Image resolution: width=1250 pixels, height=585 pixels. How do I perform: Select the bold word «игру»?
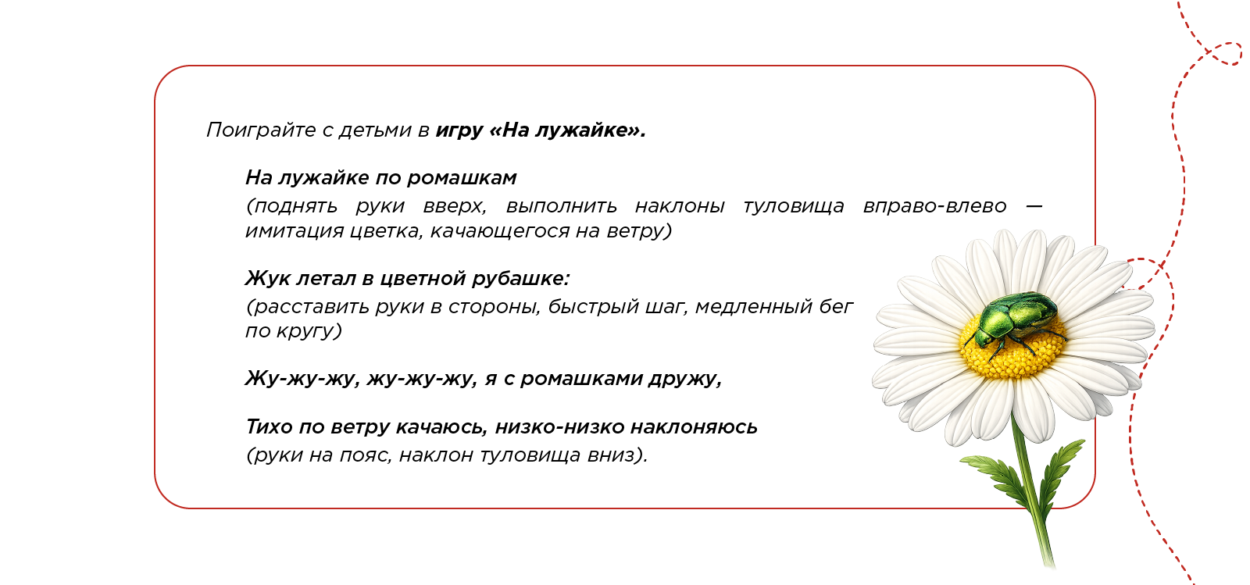[459, 130]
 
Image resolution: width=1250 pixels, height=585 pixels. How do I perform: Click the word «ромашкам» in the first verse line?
[462, 178]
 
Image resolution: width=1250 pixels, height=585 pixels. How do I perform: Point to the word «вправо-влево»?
[934, 206]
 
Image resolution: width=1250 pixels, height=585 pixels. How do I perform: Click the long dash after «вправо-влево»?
[1034, 206]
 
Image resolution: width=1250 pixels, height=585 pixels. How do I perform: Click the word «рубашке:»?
[520, 279]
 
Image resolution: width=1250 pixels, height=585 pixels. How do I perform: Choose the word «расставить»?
[308, 307]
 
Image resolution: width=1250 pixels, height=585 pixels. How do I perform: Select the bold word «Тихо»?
[269, 427]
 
